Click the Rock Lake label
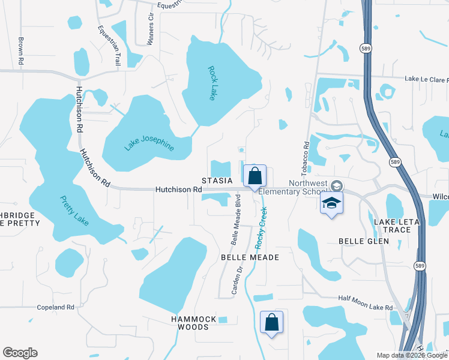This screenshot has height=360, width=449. point(212,83)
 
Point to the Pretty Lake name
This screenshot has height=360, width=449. point(74,211)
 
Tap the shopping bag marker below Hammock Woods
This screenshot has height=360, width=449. point(271,322)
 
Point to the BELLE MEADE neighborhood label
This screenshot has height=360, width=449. point(250,257)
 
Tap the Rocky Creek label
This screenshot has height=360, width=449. point(261,227)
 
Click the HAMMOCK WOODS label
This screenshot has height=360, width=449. point(189,323)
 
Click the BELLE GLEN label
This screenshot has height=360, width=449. point(364,241)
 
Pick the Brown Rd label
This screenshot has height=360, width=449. point(20,51)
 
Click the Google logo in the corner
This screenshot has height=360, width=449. point(20,353)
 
